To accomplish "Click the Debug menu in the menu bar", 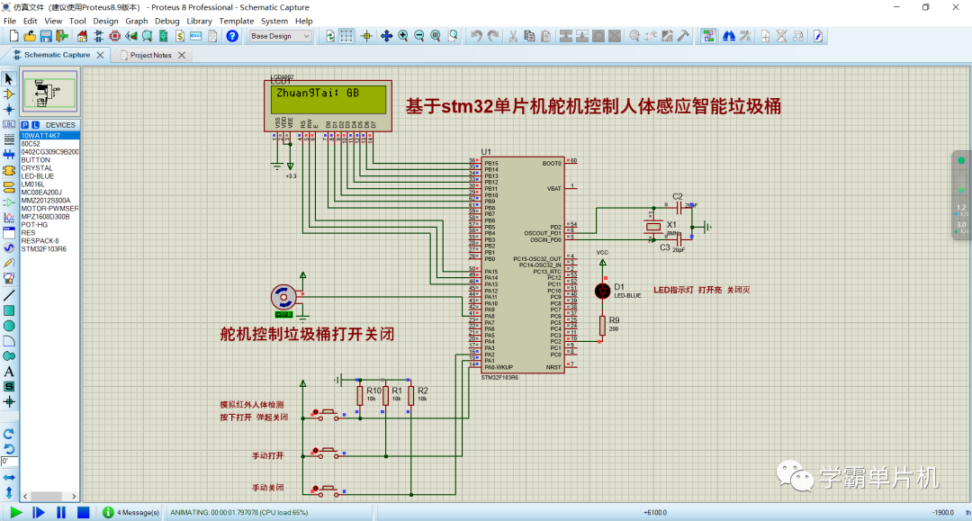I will tap(166, 21).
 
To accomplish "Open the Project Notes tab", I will tap(150, 55).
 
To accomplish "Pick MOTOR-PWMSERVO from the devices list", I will tap(50, 209).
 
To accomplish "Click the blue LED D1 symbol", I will tap(602, 291).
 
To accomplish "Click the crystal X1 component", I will tap(654, 228).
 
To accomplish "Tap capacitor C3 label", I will tap(665, 247).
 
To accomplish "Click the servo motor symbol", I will tap(283, 296).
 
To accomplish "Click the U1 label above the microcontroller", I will tap(486, 151).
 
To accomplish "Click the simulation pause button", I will tap(61, 512).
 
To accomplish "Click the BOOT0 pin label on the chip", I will tap(552, 163).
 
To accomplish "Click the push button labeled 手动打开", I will tap(326, 450).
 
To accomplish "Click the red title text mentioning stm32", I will tap(593, 106).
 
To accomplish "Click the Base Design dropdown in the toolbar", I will tap(280, 36).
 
